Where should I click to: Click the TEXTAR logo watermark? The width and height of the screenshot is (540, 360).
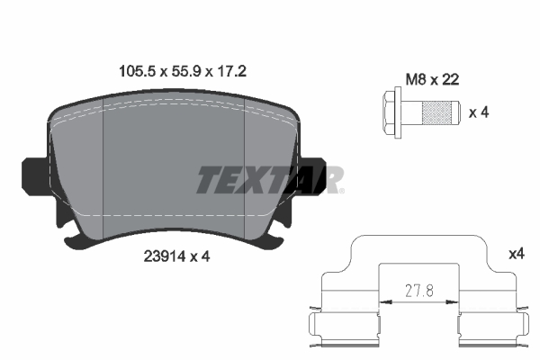(269, 180)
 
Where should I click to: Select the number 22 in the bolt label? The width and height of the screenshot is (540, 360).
(452, 79)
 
